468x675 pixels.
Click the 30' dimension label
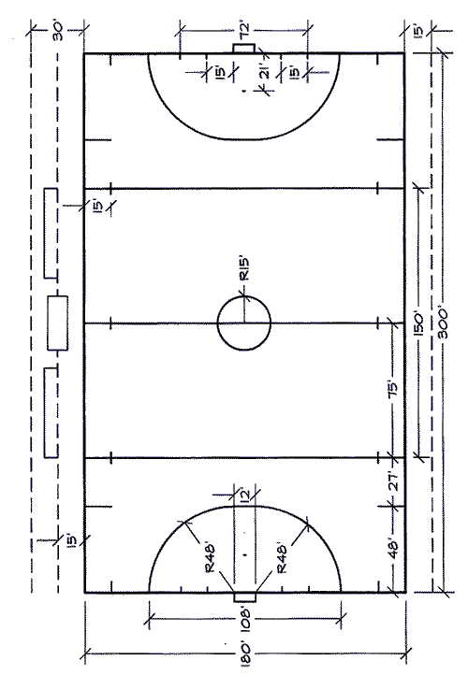[57, 31]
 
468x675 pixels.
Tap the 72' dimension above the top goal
[244, 30]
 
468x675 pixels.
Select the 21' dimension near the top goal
[266, 70]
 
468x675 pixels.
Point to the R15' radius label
[244, 269]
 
